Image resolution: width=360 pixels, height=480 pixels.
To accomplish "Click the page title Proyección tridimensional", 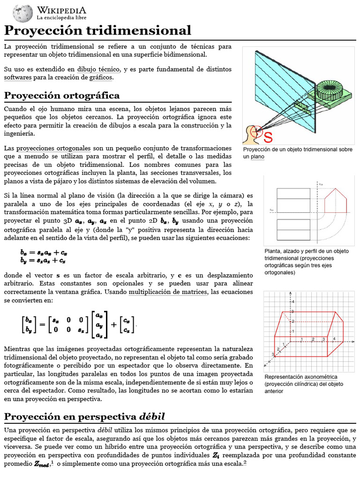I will point(97,30).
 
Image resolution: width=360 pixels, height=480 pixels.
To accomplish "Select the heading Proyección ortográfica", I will point(62,96).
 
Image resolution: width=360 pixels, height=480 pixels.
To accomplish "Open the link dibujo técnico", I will point(99,69).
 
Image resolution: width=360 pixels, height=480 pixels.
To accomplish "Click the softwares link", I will point(18,77).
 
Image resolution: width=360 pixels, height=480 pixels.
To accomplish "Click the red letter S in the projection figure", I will point(268,137).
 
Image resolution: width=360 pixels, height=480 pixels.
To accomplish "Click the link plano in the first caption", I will point(257,157).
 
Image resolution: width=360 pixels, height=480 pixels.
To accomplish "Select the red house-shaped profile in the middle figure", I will point(336,201).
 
